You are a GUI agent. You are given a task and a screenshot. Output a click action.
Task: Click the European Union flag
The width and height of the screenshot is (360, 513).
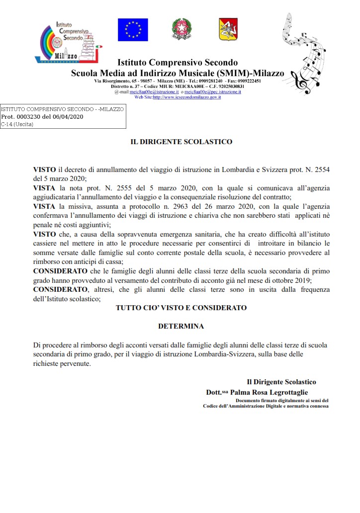pos(133,29)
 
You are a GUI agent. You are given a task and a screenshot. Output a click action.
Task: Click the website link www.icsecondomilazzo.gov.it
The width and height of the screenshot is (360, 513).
pos(187,97)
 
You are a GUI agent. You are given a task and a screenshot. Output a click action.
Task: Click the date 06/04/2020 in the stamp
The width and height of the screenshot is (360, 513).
pos(67,117)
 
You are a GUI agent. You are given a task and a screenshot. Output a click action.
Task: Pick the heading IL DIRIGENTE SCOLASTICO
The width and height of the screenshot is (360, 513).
pos(181,142)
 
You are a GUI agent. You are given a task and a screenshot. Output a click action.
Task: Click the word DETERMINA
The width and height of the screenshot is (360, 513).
pos(181,327)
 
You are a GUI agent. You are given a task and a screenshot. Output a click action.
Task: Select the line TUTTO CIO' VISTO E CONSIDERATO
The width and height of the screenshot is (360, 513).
pos(181,308)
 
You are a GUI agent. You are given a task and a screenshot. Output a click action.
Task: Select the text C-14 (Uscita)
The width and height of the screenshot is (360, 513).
pos(17,124)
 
